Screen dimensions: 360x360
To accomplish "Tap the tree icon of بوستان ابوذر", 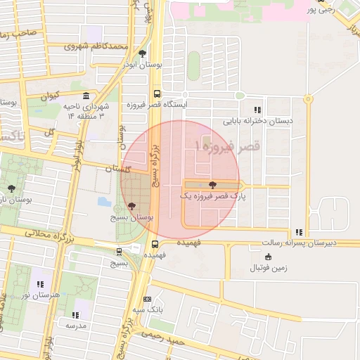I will [143, 53].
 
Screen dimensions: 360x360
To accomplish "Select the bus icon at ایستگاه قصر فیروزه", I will [156, 94].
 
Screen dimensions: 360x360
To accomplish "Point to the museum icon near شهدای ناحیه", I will [86, 96].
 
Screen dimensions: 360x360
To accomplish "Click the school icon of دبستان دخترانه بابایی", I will [257, 110].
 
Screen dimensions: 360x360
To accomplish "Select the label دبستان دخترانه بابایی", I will [257, 120].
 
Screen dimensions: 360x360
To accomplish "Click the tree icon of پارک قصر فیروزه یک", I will [213, 184].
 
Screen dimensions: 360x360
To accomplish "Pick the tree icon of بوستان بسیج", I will [132, 207].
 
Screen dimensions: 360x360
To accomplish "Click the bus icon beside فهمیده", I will [155, 244].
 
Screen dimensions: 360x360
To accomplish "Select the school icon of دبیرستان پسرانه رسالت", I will [299, 232].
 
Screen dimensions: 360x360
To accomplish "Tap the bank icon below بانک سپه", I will [147, 299].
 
